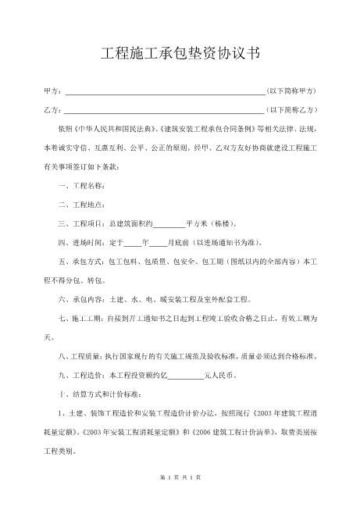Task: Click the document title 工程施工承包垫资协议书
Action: coord(180,54)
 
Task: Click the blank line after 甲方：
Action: coord(164,92)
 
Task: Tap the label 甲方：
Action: coord(52,92)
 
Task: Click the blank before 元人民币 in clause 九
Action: coord(185,376)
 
